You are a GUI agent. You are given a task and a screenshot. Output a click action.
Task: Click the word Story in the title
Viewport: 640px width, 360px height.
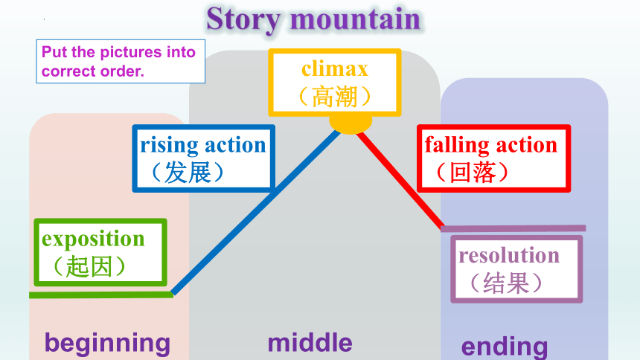[243, 19]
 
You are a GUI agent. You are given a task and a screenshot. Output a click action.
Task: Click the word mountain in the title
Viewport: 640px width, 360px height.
[355, 19]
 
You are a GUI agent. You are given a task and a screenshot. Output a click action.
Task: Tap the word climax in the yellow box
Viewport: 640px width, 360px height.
[335, 68]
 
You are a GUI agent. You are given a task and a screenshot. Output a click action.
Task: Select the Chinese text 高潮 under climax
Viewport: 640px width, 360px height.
[335, 97]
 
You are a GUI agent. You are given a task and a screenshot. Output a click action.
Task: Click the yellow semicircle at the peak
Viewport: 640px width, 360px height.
[351, 124]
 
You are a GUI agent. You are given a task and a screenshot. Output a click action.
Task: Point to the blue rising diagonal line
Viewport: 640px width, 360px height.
[256, 212]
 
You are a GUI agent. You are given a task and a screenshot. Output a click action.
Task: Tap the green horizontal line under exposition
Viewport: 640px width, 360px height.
[101, 295]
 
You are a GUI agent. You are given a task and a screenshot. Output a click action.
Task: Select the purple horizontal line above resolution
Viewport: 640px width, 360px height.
[513, 228]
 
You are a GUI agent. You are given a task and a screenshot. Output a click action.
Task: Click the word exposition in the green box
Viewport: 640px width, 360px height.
[93, 239]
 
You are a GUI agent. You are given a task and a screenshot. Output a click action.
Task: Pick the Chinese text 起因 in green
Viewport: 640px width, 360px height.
[89, 266]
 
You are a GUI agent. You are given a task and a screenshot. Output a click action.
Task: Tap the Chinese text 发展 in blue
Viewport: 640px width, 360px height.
[188, 173]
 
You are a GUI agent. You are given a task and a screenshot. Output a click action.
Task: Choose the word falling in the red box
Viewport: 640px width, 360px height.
[457, 145]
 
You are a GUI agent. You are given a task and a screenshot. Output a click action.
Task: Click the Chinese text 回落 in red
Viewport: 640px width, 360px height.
[473, 173]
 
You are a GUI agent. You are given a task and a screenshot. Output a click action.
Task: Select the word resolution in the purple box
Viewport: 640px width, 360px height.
[509, 256]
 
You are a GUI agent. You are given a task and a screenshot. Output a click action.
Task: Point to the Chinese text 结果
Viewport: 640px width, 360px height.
[506, 283]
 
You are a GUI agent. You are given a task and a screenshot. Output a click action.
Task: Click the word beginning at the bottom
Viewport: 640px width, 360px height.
[107, 344]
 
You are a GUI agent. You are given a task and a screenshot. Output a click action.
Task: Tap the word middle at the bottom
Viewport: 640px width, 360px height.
[310, 342]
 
